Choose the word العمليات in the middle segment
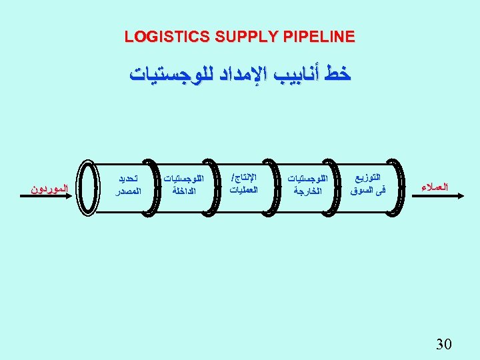pos(243,191)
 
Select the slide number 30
pos(443,344)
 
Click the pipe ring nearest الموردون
pos(86,187)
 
